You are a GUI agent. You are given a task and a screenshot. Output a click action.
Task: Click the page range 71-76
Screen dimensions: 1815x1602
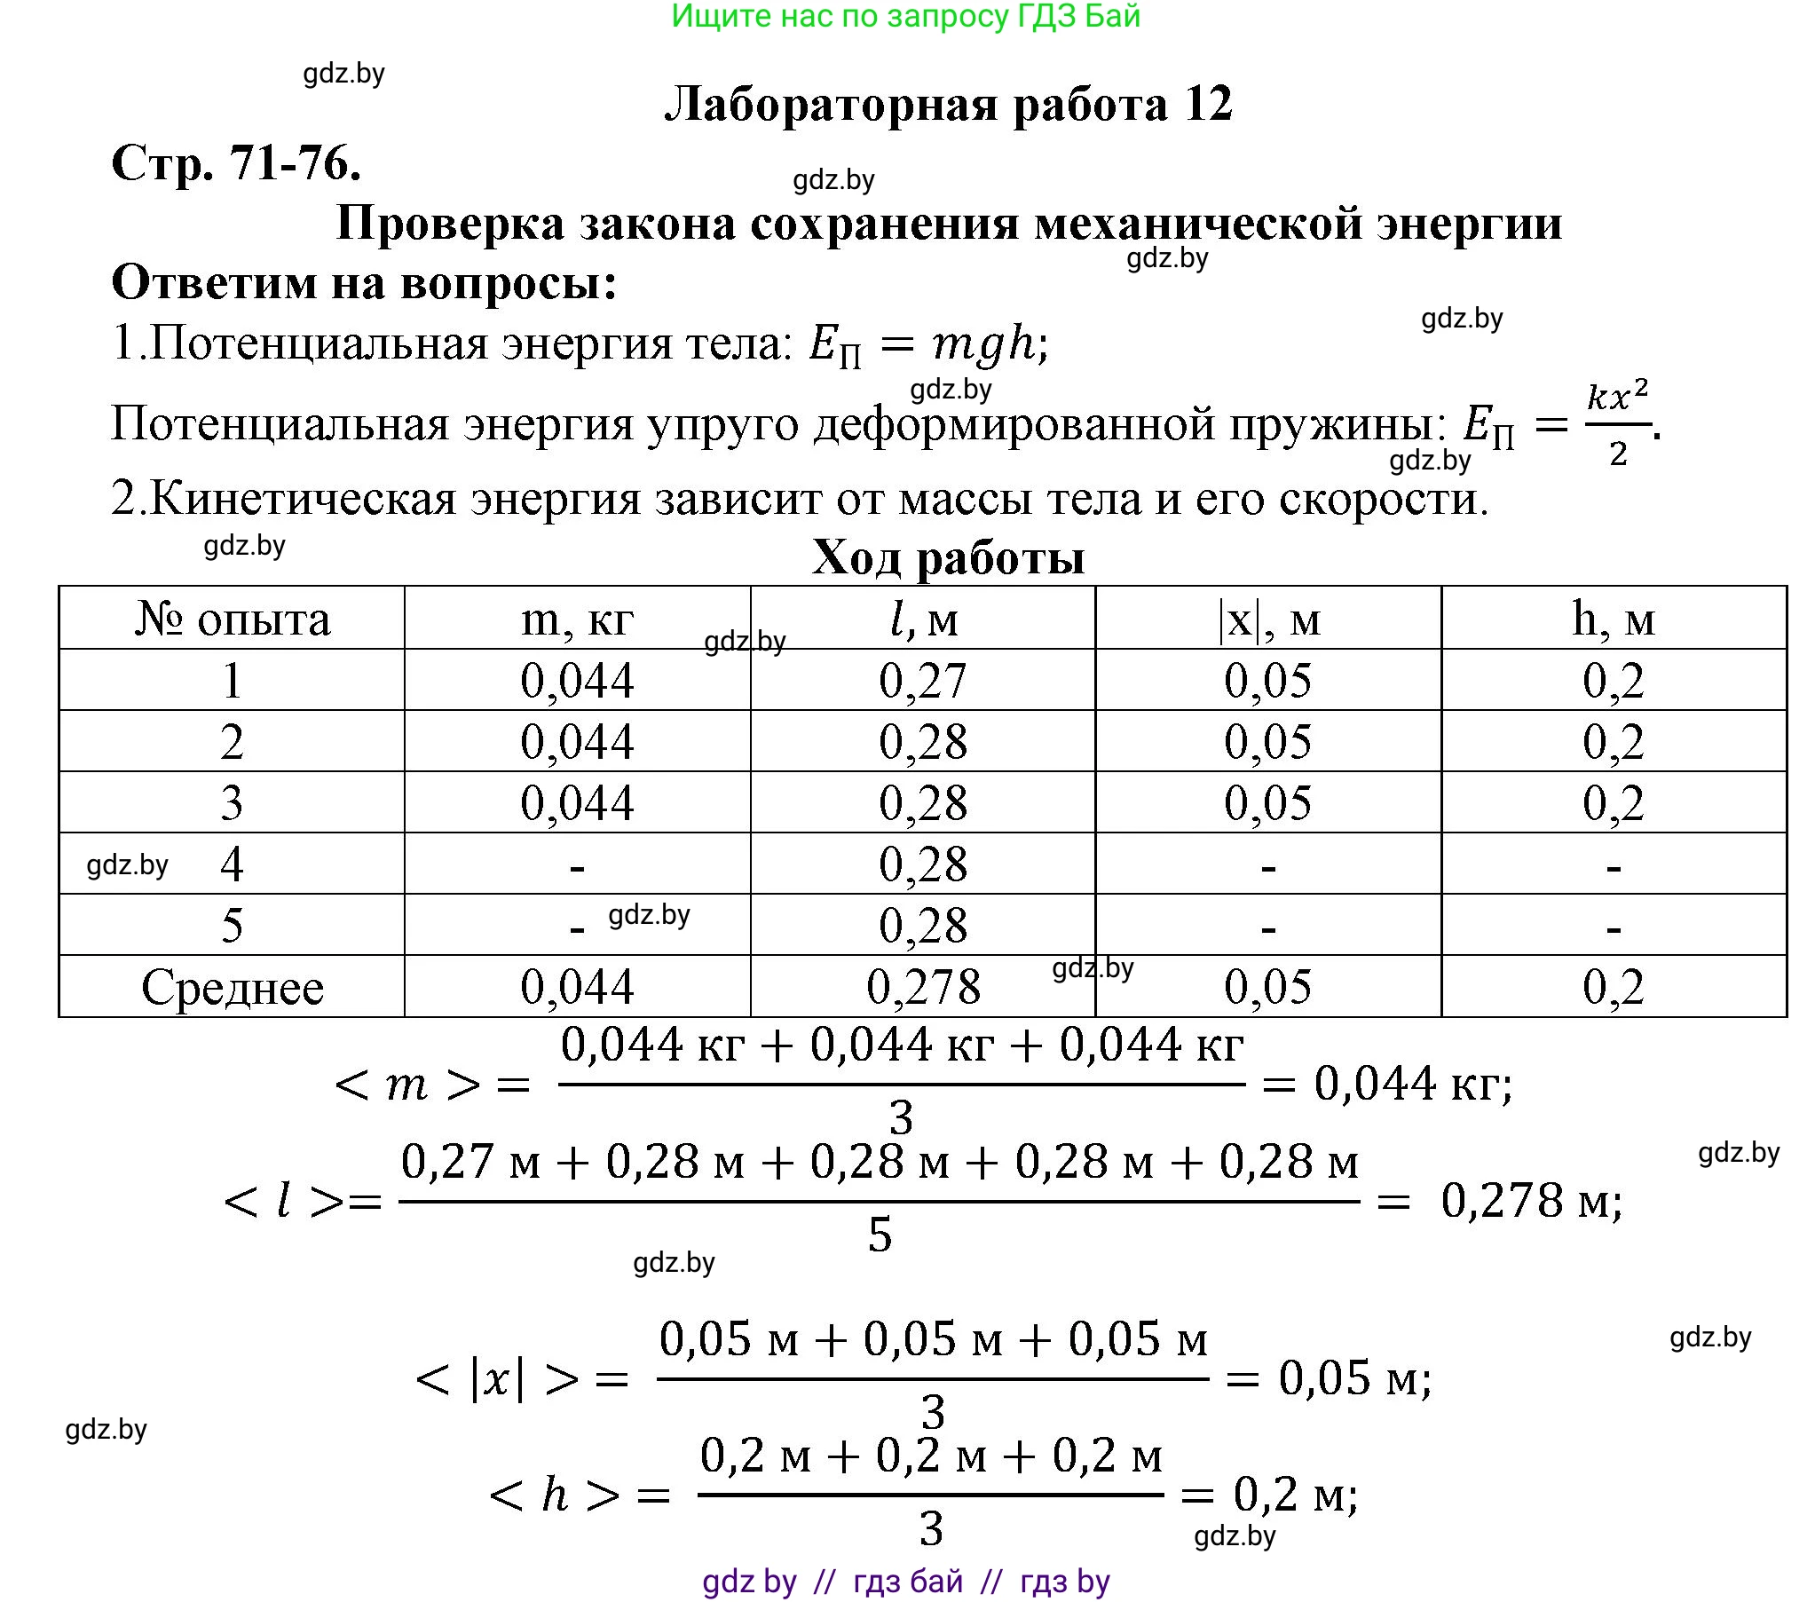(295, 163)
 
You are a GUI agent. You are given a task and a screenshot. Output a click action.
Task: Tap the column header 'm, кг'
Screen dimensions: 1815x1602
(577, 619)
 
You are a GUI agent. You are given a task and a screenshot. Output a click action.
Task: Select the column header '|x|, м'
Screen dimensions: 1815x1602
(1268, 619)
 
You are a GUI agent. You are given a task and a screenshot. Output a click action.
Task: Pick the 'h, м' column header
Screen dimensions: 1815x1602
(1614, 619)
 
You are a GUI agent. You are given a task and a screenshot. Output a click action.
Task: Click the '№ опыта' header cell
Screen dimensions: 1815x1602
(232, 619)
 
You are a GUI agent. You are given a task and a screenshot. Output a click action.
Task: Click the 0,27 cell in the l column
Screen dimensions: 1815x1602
(923, 681)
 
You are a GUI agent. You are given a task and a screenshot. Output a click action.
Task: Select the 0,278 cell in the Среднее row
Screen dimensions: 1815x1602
(923, 987)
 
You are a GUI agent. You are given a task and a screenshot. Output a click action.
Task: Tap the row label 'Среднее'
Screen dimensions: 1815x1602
(232, 988)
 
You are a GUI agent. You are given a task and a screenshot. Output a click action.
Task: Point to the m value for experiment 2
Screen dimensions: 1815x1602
(577, 742)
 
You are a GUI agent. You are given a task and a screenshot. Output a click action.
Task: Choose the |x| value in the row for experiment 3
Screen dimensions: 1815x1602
(1268, 804)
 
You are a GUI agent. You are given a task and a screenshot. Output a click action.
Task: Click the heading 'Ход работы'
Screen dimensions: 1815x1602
(949, 557)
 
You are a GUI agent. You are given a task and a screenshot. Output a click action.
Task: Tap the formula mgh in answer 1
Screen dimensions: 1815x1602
(984, 343)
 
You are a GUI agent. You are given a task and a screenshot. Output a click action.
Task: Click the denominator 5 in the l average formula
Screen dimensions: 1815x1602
(879, 1235)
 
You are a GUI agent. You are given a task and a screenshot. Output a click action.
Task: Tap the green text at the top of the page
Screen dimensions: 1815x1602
(905, 16)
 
